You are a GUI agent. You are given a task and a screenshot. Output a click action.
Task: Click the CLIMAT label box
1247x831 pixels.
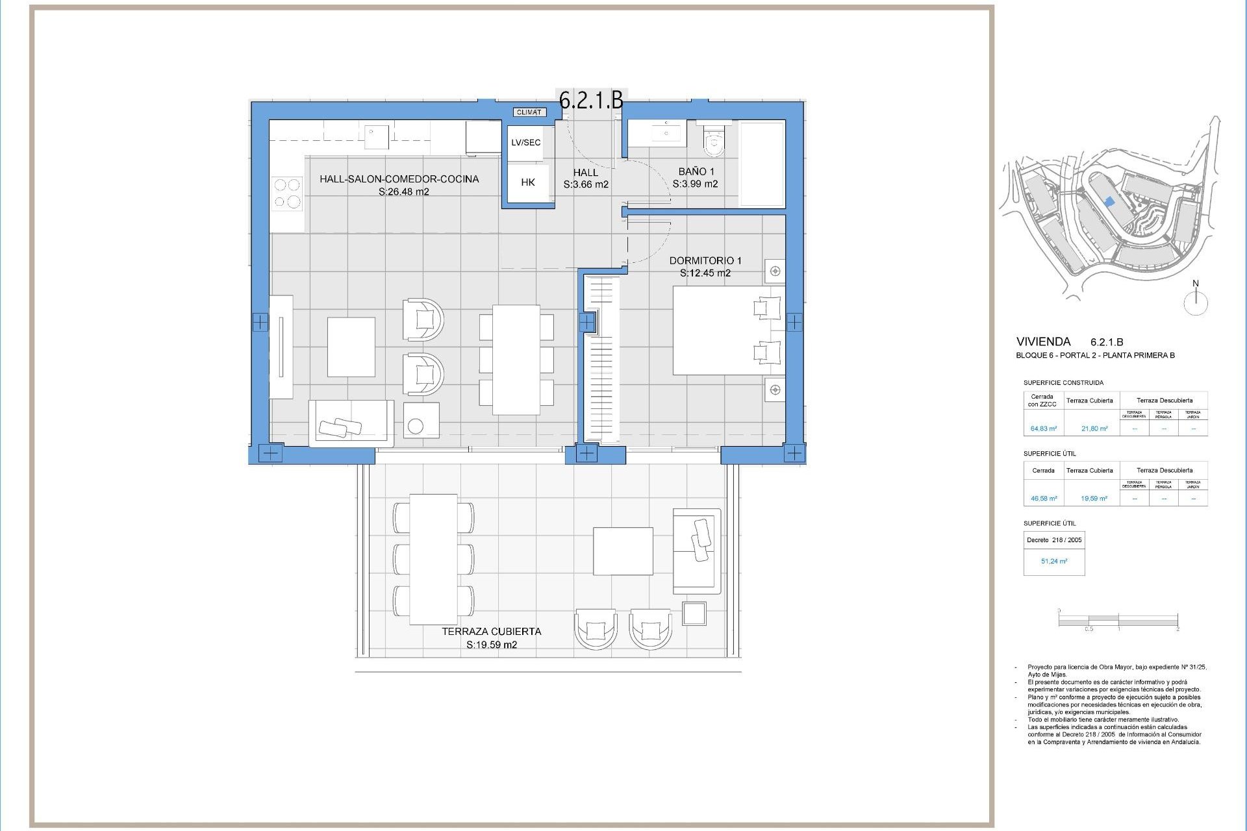(529, 112)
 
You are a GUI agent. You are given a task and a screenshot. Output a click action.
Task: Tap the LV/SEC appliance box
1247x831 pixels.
(525, 143)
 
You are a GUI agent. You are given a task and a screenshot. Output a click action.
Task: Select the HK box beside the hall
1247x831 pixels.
(527, 183)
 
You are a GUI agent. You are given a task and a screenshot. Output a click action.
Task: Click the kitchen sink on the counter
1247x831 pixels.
(376, 136)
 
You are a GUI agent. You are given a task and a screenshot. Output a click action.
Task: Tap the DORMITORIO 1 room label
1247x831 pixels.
(705, 260)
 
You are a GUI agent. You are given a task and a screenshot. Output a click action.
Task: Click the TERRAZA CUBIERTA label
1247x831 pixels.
(491, 631)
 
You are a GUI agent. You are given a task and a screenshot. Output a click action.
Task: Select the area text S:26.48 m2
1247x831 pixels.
(403, 192)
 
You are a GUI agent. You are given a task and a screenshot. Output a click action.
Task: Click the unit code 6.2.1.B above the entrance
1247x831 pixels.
(591, 100)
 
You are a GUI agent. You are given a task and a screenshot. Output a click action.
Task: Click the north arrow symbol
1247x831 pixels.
(1196, 301)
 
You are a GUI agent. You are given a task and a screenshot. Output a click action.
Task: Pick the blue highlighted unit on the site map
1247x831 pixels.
(1109, 202)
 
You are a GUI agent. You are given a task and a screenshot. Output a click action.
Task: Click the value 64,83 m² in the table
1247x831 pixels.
(1044, 428)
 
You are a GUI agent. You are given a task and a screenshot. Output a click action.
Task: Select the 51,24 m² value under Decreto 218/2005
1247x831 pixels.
(1053, 561)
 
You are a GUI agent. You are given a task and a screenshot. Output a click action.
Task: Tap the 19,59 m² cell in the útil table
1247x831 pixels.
(1094, 499)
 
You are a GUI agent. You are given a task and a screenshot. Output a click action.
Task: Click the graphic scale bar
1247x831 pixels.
(1118, 621)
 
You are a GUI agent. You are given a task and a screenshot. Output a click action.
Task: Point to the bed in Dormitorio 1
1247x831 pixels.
(727, 330)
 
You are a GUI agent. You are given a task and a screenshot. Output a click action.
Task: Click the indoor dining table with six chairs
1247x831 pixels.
(516, 360)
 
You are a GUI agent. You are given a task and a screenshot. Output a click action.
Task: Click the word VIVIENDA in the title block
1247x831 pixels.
(1043, 341)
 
